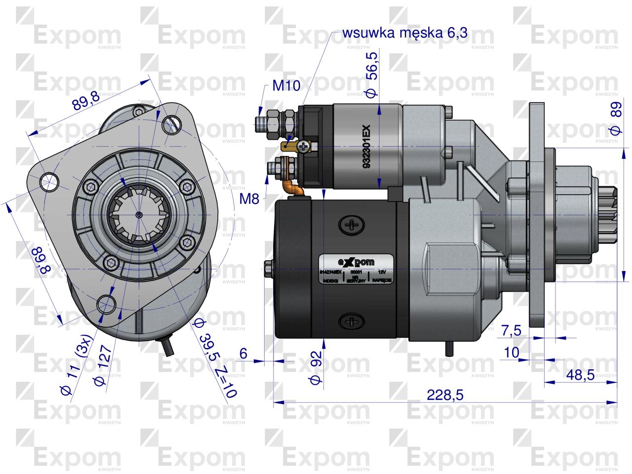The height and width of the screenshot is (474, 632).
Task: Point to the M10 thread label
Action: (x=286, y=86)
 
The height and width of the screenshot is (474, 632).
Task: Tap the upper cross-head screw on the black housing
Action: (x=352, y=225)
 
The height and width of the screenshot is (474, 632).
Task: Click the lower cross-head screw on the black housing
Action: (x=352, y=321)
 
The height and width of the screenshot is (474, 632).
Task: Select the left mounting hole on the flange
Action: (x=48, y=181)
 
